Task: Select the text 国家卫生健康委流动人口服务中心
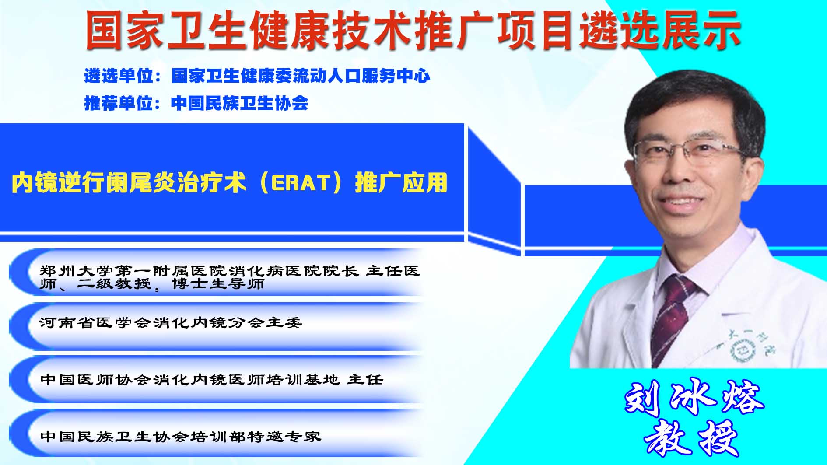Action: pos(301,76)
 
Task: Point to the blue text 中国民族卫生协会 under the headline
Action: pos(240,103)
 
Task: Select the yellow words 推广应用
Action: pos(401,182)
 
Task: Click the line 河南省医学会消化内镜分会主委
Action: pos(171,323)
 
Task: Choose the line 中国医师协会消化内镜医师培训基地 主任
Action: pos(212,379)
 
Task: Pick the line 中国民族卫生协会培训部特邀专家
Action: pos(181,436)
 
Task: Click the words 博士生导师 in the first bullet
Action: pos(218,284)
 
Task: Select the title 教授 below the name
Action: pos(691,438)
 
